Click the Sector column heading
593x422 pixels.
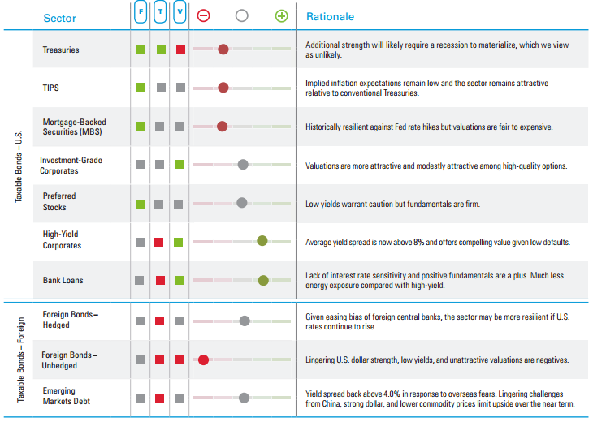[60, 18]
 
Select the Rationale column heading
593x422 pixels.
[330, 16]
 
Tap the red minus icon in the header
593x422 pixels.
[203, 15]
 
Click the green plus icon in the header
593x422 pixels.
[281, 16]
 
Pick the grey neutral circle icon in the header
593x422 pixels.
[241, 15]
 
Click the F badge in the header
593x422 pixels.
[141, 11]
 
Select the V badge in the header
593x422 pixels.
[180, 11]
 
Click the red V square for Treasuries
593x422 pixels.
[181, 50]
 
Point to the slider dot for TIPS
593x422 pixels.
[223, 88]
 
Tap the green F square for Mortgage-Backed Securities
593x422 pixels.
[141, 126]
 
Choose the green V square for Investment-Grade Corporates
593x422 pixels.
[180, 165]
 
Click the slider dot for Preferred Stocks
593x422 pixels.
[241, 203]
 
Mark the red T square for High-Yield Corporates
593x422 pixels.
[159, 242]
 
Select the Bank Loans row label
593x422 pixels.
[63, 280]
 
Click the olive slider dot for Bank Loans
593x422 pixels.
[263, 280]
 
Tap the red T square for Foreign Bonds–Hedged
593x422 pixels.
[159, 321]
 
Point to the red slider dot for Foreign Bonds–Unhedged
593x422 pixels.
[203, 360]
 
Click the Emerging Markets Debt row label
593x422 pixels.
[66, 396]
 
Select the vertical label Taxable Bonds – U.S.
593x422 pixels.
[19, 166]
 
